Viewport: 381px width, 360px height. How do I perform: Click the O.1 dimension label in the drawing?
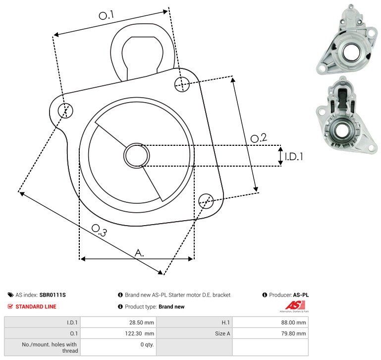pyautogui.click(x=107, y=15)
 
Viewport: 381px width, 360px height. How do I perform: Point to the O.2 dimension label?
pyautogui.click(x=259, y=138)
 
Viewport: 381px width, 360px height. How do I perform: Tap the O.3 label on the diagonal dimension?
pyautogui.click(x=99, y=230)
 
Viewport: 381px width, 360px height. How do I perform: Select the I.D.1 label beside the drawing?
pyautogui.click(x=294, y=157)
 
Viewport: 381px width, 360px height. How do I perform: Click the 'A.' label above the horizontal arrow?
pyautogui.click(x=139, y=253)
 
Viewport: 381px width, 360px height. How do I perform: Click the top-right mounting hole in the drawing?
pyautogui.click(x=182, y=84)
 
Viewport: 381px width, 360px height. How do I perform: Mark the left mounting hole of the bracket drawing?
pyautogui.click(x=65, y=111)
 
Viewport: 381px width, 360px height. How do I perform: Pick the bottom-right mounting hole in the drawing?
pyautogui.click(x=206, y=201)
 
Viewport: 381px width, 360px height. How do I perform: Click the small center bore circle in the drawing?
pyautogui.click(x=137, y=156)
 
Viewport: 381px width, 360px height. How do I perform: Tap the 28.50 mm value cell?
pyautogui.click(x=142, y=322)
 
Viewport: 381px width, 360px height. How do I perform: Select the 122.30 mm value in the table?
pyautogui.click(x=140, y=334)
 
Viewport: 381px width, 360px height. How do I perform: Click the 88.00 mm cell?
pyautogui.click(x=293, y=322)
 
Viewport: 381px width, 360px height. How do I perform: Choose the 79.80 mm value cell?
pyautogui.click(x=293, y=334)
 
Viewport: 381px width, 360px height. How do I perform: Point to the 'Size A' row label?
pyautogui.click(x=222, y=334)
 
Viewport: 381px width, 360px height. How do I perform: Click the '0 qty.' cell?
pyautogui.click(x=147, y=345)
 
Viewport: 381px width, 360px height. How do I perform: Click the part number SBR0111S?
pyautogui.click(x=53, y=295)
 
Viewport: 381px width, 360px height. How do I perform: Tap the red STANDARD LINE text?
pyautogui.click(x=36, y=306)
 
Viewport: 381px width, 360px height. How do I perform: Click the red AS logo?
pyautogui.click(x=295, y=305)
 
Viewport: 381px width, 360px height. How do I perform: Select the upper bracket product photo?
pyautogui.click(x=347, y=40)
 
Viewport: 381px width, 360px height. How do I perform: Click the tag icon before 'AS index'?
pyautogui.click(x=10, y=295)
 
